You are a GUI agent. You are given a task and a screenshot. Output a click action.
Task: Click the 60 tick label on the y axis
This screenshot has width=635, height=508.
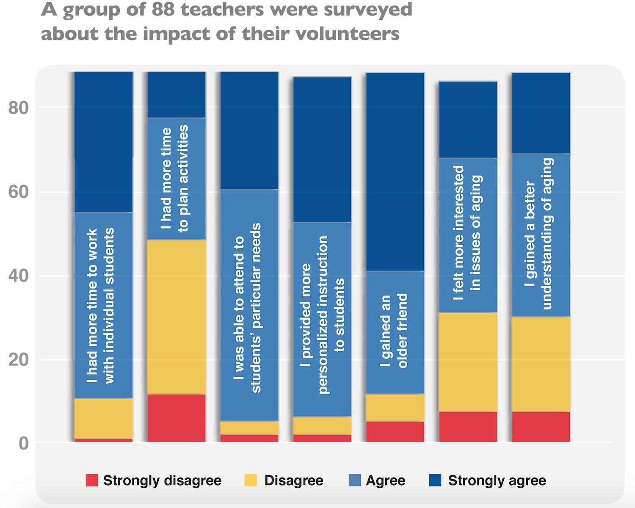pyautogui.click(x=19, y=192)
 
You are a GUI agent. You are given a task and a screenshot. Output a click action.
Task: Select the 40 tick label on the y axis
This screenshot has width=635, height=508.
pyautogui.click(x=19, y=276)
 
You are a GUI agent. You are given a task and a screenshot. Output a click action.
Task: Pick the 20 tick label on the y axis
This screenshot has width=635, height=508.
pyautogui.click(x=19, y=360)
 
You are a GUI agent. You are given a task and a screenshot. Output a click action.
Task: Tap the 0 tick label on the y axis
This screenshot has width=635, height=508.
pyautogui.click(x=24, y=443)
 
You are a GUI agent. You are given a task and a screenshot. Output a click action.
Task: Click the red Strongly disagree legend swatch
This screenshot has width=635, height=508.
pyautogui.click(x=92, y=480)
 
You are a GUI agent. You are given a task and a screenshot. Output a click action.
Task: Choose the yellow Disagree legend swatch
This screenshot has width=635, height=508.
pyautogui.click(x=251, y=480)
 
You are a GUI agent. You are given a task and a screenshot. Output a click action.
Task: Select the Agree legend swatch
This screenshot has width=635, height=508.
pyautogui.click(x=355, y=480)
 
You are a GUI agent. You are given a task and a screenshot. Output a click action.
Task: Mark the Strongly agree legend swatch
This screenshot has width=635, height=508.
pyautogui.click(x=435, y=480)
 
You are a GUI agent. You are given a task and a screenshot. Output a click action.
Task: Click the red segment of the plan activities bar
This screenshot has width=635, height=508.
pyautogui.click(x=177, y=418)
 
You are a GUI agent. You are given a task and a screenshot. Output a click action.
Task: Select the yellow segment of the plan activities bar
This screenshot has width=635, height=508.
pyautogui.click(x=177, y=317)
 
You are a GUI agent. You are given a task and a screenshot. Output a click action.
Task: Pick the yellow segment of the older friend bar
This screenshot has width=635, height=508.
pyautogui.click(x=395, y=408)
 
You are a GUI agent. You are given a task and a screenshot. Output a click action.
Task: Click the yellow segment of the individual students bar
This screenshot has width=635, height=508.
pyautogui.click(x=104, y=419)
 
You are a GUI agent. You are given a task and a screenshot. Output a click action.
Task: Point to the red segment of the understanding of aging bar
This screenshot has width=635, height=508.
pyautogui.click(x=541, y=427)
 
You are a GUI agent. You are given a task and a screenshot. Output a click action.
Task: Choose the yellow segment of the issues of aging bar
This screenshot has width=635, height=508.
pyautogui.click(x=468, y=362)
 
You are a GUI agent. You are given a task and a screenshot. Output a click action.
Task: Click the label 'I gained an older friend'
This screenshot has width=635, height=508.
pyautogui.click(x=394, y=331)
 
